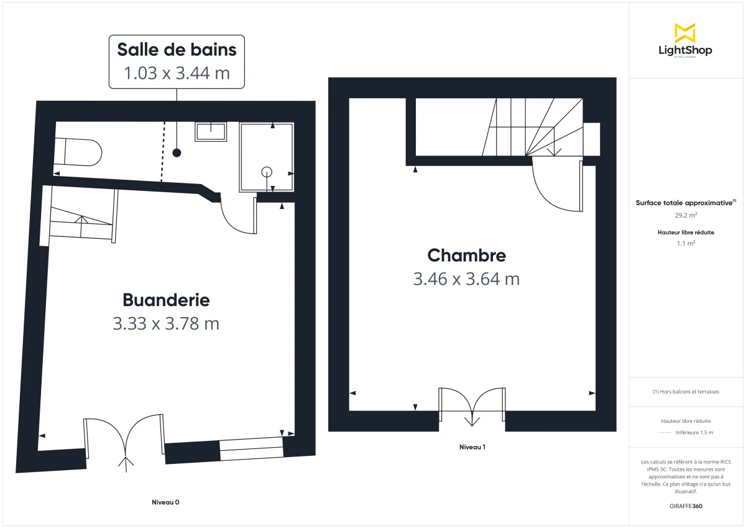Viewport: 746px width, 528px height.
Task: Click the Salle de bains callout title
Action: [x=177, y=49]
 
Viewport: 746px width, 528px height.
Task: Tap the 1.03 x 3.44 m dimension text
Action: [x=177, y=73]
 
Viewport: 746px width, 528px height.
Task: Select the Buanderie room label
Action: [x=166, y=300]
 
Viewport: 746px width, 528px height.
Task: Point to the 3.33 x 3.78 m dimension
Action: [x=166, y=324]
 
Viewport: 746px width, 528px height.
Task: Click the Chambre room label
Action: [x=466, y=255]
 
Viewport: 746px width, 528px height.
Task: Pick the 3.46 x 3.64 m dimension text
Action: [x=466, y=279]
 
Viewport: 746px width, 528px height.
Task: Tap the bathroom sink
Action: [x=211, y=131]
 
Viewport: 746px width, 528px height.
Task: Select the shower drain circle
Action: [x=267, y=171]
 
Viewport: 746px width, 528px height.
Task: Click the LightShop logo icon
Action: [x=685, y=33]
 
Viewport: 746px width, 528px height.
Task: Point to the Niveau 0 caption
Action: [x=165, y=502]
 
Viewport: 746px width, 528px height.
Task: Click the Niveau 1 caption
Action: [x=472, y=447]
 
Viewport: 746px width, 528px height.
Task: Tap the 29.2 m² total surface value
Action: [x=686, y=215]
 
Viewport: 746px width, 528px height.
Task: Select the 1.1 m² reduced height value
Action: [x=686, y=244]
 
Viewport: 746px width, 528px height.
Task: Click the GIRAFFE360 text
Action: [x=686, y=506]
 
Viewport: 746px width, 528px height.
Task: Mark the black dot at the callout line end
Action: [x=177, y=152]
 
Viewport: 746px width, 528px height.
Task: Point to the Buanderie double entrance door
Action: [x=124, y=442]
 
